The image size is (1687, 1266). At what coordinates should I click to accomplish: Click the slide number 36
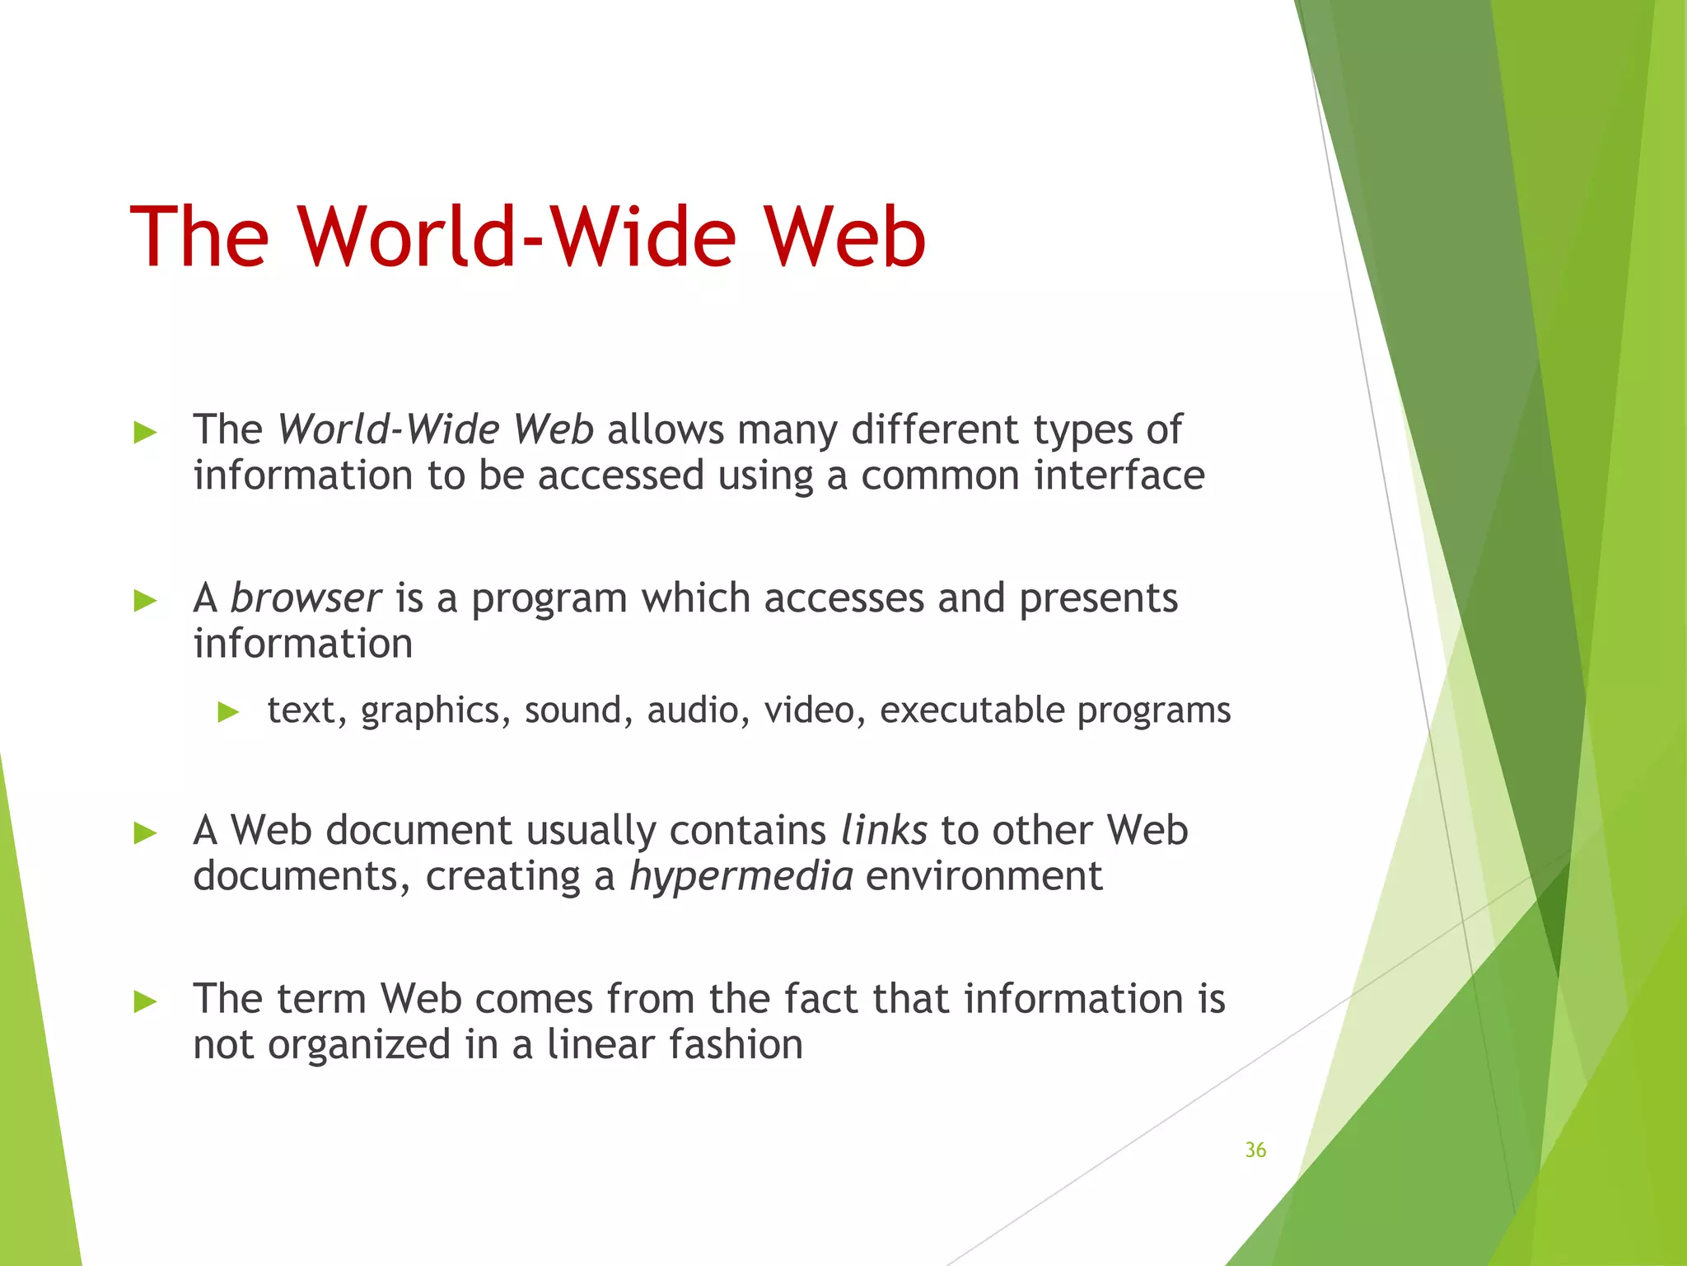tap(1255, 1150)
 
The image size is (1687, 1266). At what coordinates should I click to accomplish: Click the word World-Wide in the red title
tap(516, 237)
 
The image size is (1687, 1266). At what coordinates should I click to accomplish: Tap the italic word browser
tap(306, 598)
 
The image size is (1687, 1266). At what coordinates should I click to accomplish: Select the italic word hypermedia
tap(741, 877)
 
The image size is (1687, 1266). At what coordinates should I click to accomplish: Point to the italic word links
tap(884, 830)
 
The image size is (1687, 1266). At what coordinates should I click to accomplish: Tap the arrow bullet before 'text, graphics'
tap(228, 712)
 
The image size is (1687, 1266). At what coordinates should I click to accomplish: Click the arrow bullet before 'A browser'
tap(145, 601)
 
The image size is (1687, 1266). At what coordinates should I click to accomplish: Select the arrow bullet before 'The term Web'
tap(145, 1001)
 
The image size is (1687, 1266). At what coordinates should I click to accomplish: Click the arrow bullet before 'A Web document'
tap(145, 833)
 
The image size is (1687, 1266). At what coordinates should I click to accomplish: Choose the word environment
tap(984, 876)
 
